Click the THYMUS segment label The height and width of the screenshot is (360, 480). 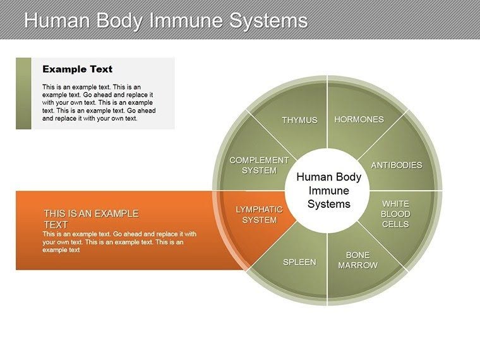click(x=299, y=120)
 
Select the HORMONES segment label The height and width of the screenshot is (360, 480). click(x=359, y=119)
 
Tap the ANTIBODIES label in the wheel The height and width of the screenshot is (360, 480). click(x=396, y=165)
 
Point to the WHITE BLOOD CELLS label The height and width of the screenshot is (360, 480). click(x=395, y=214)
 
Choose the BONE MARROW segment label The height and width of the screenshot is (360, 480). click(x=357, y=260)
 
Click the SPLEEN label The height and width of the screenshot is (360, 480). click(x=299, y=262)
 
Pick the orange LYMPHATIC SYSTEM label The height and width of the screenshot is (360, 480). click(x=260, y=215)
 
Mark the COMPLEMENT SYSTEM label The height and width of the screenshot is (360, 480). click(x=259, y=165)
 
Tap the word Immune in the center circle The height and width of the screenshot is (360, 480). click(x=328, y=191)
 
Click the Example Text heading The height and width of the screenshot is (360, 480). click(x=77, y=69)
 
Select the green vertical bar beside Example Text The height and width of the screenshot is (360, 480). click(x=23, y=93)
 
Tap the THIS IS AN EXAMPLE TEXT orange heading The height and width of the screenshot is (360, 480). click(x=91, y=219)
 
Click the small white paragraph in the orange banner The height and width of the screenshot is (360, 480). click(x=119, y=241)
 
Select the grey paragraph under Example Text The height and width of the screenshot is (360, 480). click(x=99, y=102)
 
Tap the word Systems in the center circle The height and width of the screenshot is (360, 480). click(x=328, y=204)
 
